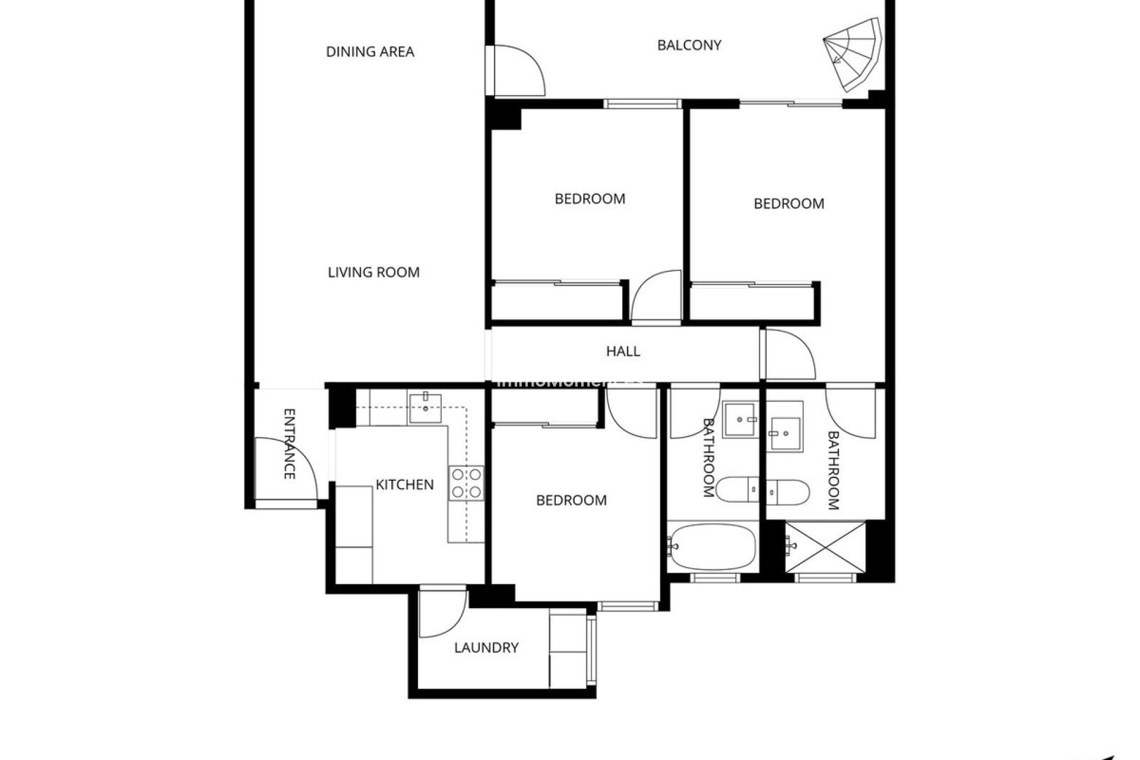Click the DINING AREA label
tap(370, 52)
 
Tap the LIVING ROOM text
tap(373, 273)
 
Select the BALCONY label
tap(689, 45)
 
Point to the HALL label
tap(623, 351)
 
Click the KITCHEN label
tap(404, 484)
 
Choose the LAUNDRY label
tap(486, 648)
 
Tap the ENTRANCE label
tap(289, 444)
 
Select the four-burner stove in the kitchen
tap(466, 483)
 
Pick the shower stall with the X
tap(825, 547)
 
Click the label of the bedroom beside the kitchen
tap(571, 501)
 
